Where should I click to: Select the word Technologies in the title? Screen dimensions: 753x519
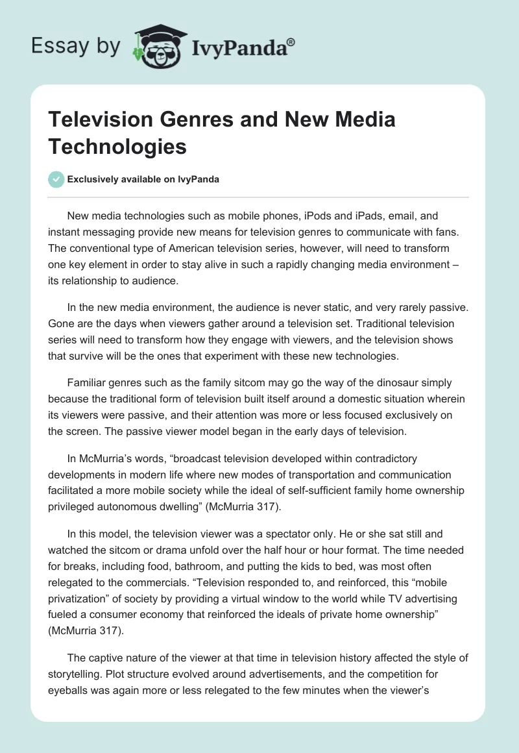pyautogui.click(x=117, y=147)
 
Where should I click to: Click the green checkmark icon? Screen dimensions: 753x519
pyautogui.click(x=56, y=179)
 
